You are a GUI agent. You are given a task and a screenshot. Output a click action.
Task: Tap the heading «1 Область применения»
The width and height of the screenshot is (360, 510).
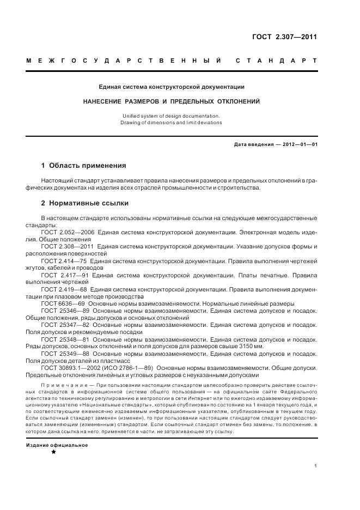(x=84, y=165)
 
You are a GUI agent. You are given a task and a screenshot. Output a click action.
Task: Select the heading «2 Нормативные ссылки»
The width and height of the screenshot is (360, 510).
(x=85, y=204)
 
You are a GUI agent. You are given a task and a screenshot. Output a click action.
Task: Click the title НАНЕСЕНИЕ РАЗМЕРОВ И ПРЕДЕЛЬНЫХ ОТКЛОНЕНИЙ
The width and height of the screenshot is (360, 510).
(x=171, y=101)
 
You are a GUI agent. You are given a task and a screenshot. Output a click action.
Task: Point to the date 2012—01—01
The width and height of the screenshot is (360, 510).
(x=299, y=144)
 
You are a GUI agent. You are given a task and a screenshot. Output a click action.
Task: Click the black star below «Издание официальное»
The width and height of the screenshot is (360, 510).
(x=53, y=452)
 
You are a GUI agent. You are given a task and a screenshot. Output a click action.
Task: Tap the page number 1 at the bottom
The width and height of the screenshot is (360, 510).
(x=316, y=465)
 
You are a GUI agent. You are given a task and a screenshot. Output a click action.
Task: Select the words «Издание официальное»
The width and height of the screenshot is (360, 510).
(x=57, y=445)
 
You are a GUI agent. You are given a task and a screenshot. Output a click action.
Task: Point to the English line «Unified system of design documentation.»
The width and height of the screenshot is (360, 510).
(x=171, y=116)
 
